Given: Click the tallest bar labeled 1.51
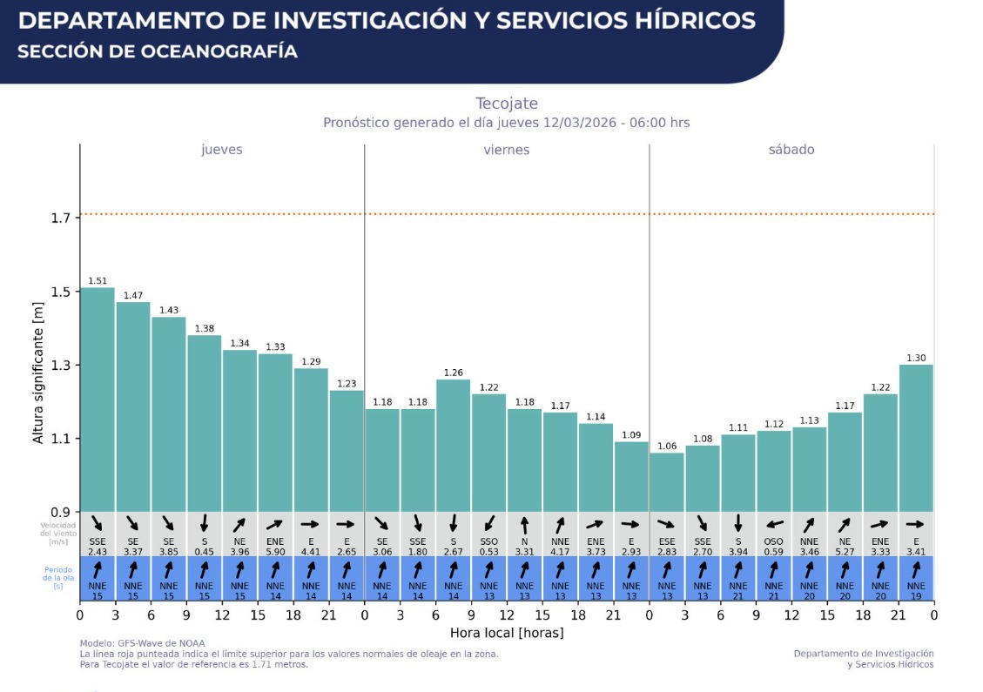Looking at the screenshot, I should tap(98, 400).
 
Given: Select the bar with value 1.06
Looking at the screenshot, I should tap(667, 482).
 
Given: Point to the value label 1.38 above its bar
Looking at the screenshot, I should tap(205, 328).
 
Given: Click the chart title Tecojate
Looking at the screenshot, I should tap(507, 104).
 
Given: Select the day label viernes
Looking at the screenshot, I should tap(507, 150).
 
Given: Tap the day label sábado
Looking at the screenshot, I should tap(791, 150).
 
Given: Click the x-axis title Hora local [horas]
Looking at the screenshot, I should tap(507, 633).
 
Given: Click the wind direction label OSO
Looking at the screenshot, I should tap(774, 541).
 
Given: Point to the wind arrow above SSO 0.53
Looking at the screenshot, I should tap(489, 524).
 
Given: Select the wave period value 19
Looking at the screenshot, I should tap(916, 595).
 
